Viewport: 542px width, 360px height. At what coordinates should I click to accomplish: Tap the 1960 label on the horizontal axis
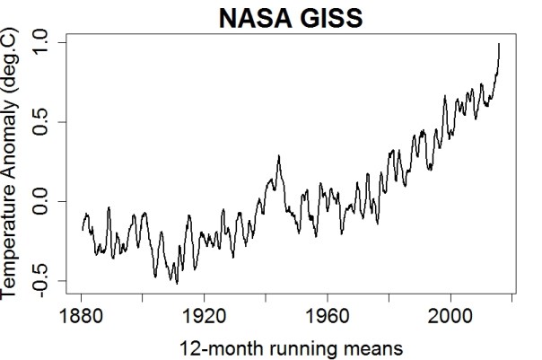[327, 319]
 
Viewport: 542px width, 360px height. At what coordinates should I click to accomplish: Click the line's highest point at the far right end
[499, 43]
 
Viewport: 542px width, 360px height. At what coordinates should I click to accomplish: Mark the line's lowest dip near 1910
[177, 283]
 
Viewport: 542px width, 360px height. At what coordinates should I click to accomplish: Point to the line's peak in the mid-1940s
[279, 156]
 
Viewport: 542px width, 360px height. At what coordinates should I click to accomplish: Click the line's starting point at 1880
[82, 229]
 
